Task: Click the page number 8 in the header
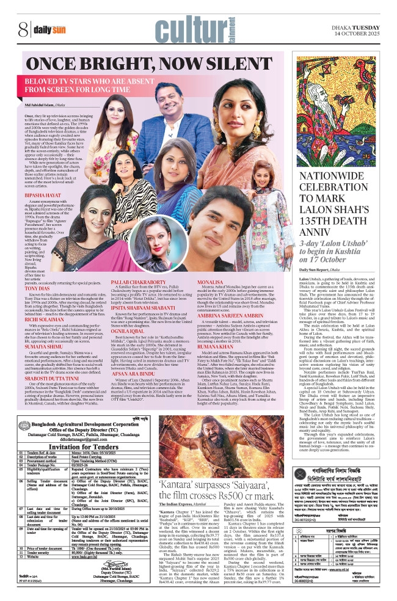tap(23, 28)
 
